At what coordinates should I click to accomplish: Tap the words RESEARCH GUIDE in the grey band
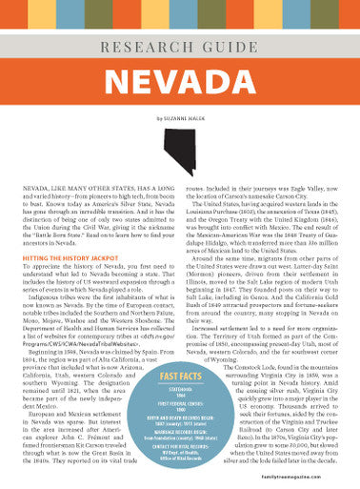coord(180,45)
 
